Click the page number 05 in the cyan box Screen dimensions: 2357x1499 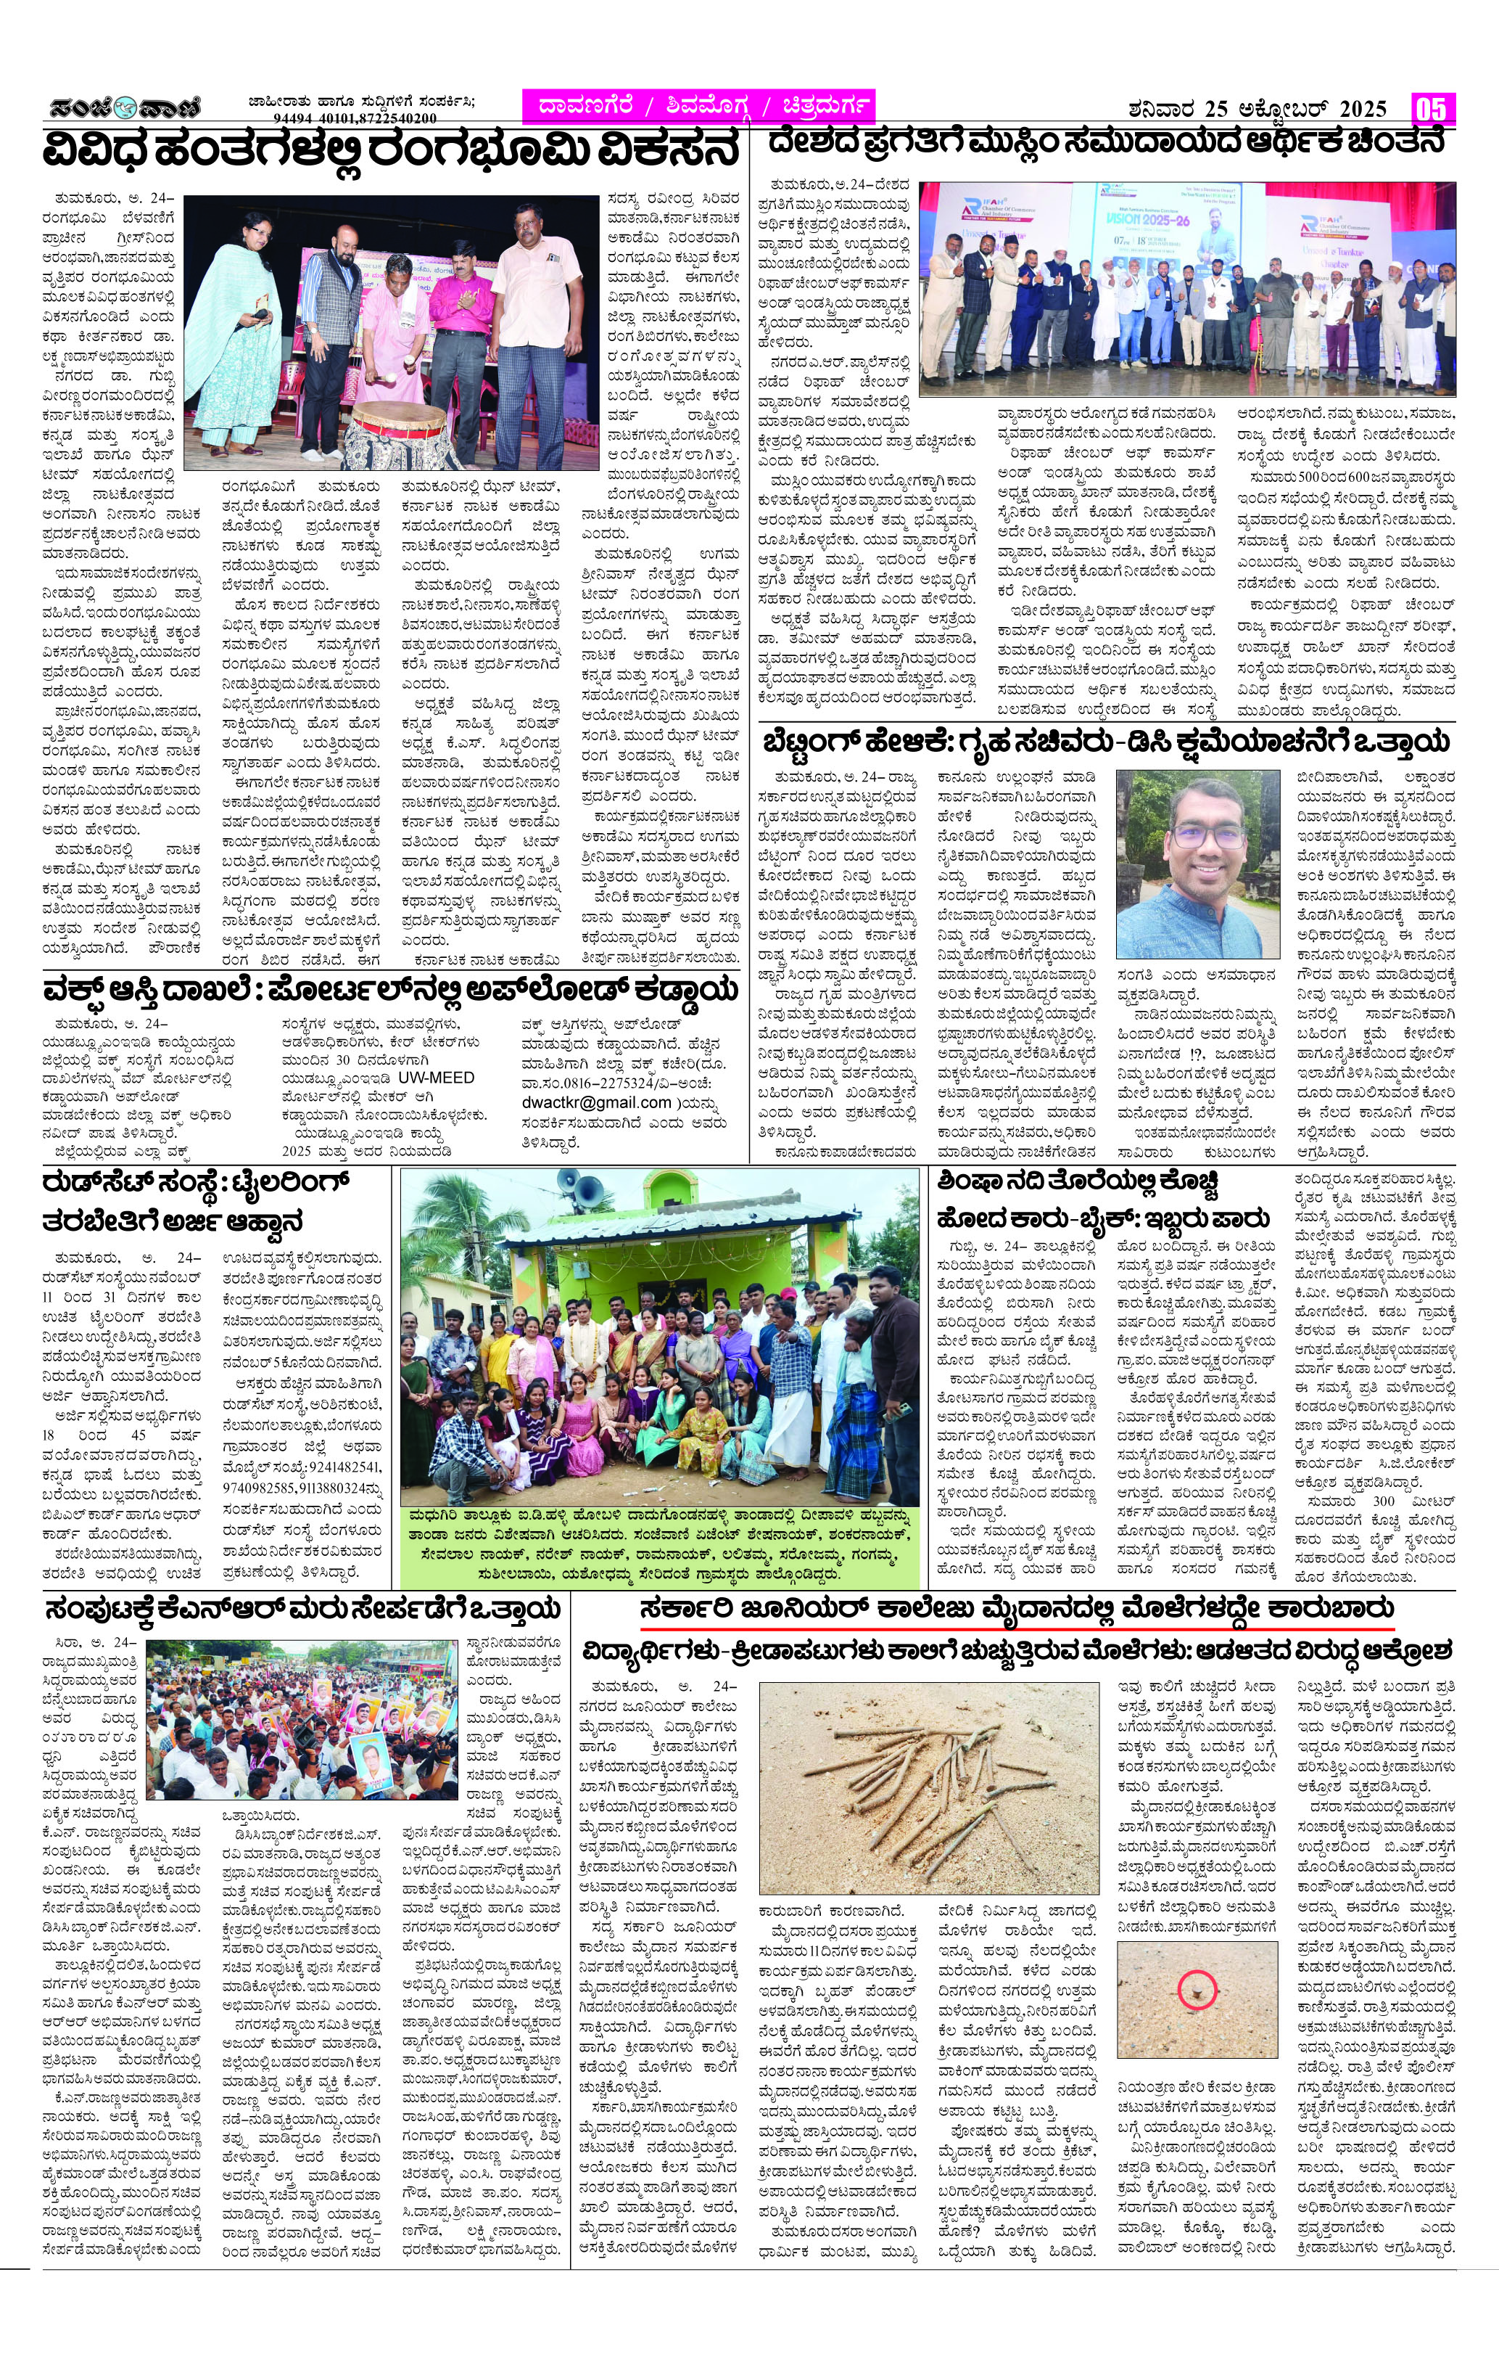(x=1432, y=107)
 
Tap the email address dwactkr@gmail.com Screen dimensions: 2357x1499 (x=596, y=1103)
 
